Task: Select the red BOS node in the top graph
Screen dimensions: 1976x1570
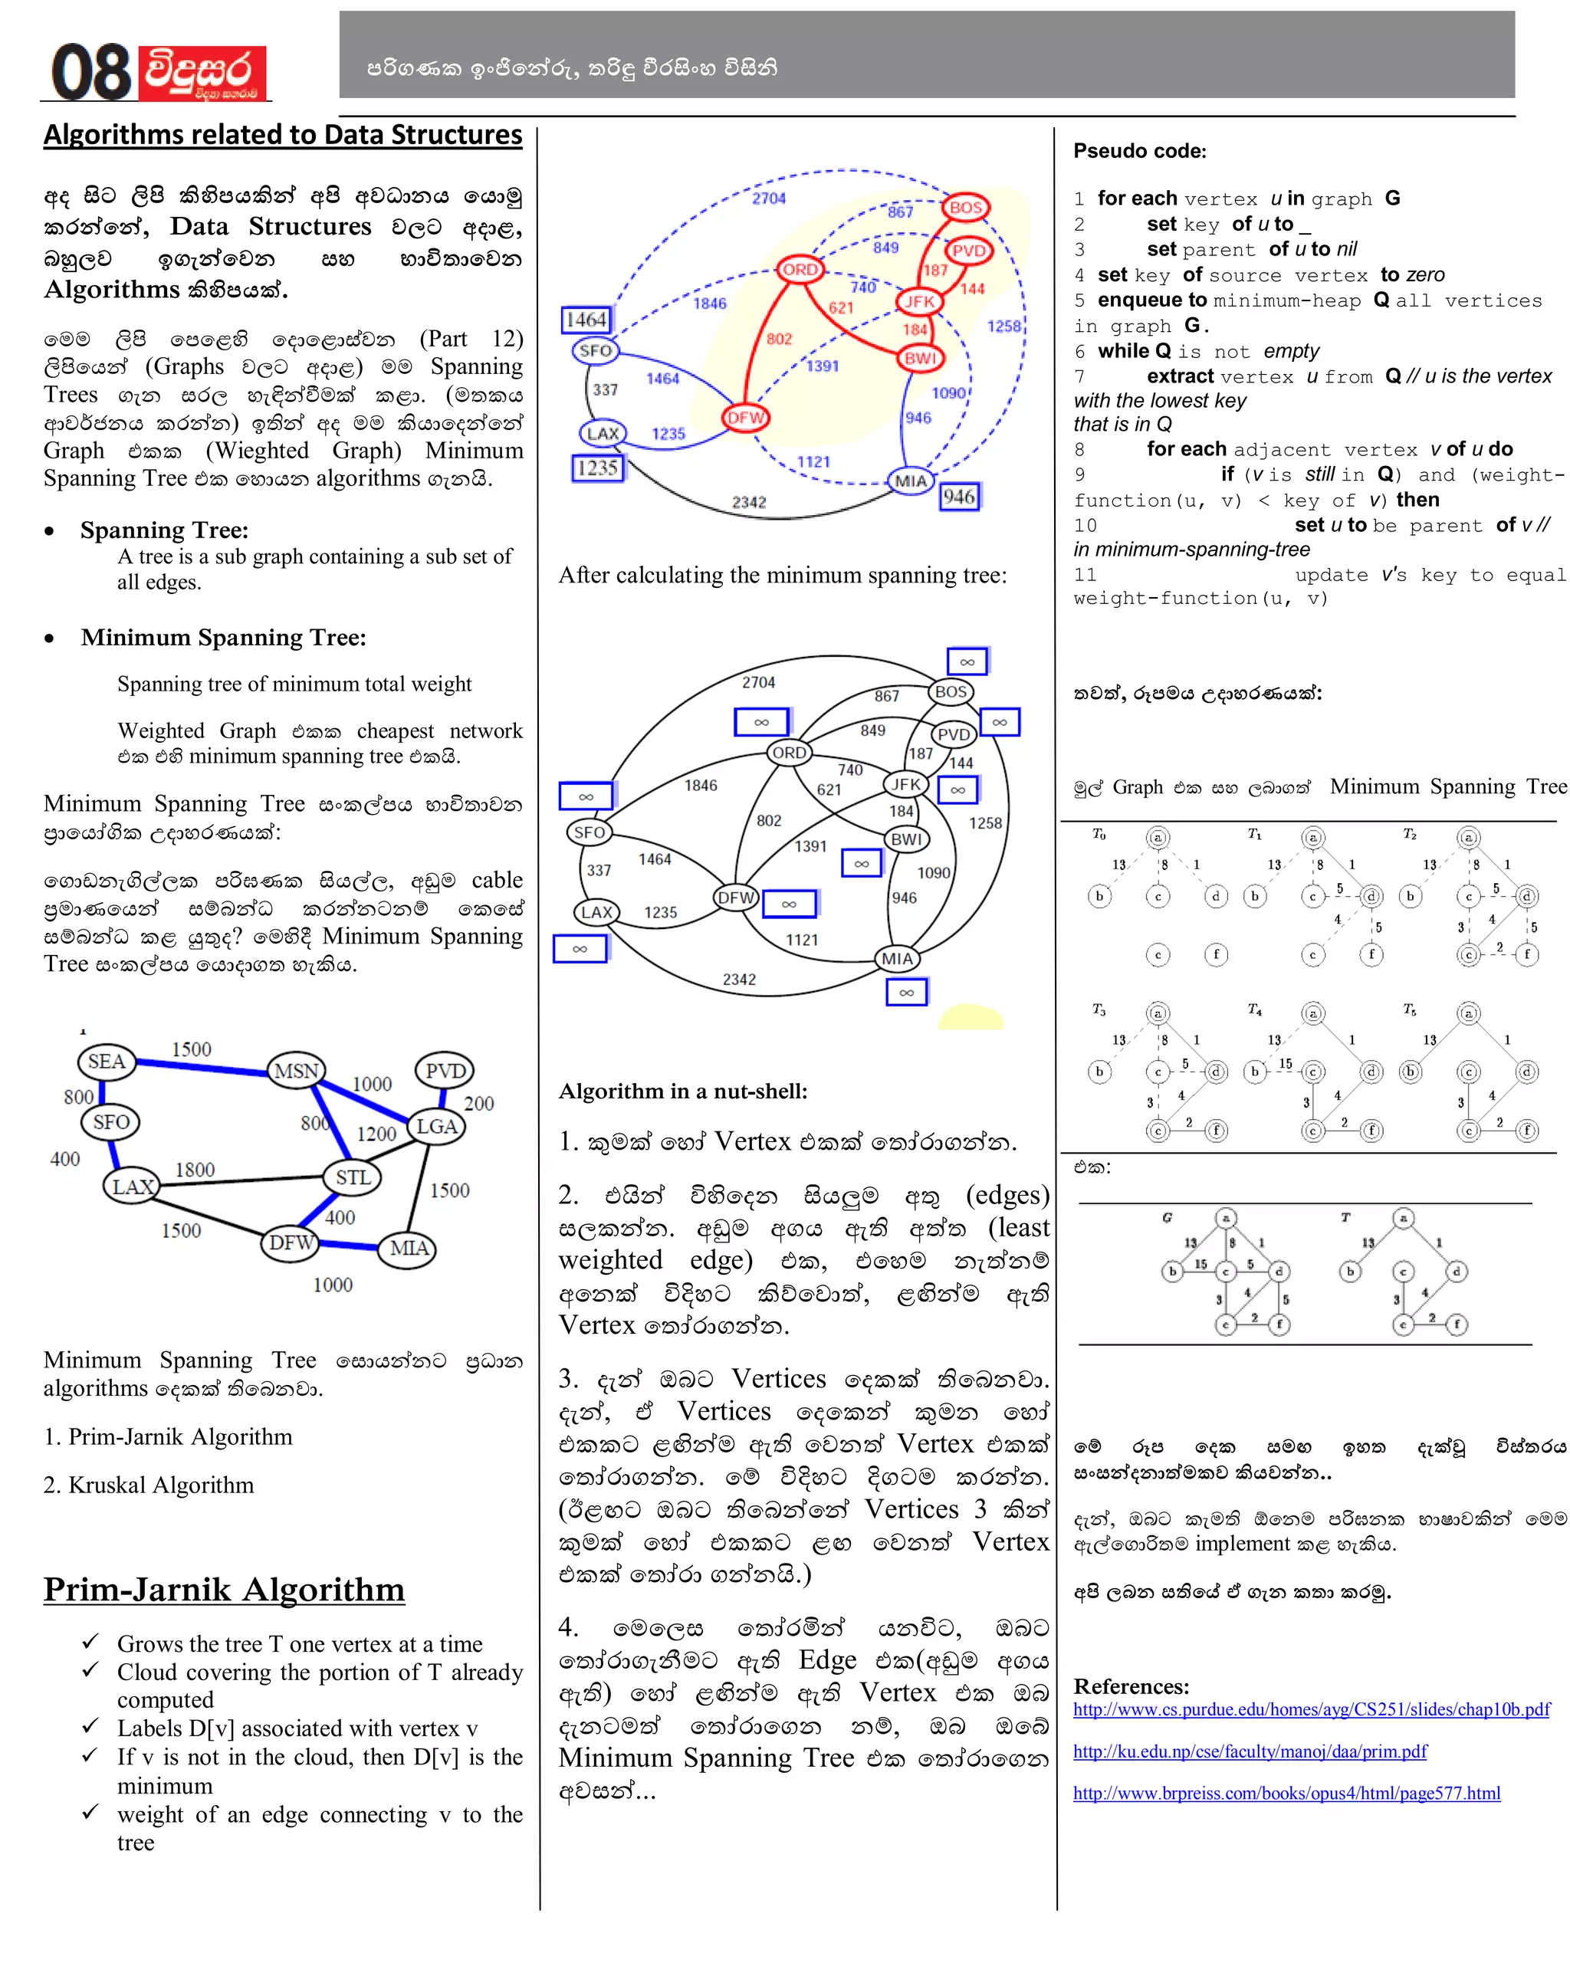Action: tap(966, 207)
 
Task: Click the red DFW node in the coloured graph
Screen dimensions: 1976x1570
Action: tap(746, 418)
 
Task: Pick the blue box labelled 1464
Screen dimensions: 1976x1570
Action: tap(586, 319)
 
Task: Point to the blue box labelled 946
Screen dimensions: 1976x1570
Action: tap(959, 497)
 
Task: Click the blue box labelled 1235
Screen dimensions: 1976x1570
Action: tap(596, 468)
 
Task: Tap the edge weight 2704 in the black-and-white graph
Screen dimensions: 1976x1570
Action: tap(758, 682)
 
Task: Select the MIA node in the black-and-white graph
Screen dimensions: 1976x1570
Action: tap(897, 959)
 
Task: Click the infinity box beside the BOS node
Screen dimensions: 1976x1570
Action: tap(967, 661)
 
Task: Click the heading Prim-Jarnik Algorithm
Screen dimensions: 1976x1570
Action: tap(224, 1589)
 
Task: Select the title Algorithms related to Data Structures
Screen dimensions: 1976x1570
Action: tap(282, 135)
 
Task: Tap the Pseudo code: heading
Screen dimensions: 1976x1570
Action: tap(1139, 151)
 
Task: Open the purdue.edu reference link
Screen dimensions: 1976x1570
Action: tap(1311, 1709)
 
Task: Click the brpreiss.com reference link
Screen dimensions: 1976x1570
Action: tap(1286, 1793)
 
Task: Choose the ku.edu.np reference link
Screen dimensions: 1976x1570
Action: tap(1250, 1751)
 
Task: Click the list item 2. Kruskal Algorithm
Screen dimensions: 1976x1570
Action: tap(149, 1485)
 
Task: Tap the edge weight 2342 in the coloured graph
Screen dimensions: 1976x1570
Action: tap(749, 502)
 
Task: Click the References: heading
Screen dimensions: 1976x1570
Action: tap(1130, 1686)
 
